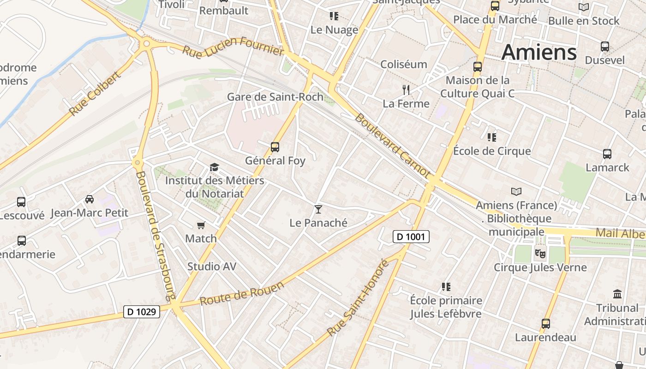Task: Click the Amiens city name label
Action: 539,52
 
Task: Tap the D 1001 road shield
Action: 411,237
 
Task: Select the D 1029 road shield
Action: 142,312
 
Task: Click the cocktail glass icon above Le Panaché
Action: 318,209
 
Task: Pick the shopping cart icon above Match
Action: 201,225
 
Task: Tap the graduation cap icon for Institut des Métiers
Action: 214,167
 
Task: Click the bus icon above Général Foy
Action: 275,147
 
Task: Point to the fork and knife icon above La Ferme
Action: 406,89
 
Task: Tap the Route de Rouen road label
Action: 242,293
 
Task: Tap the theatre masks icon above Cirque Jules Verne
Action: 540,253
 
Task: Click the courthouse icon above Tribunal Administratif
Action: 617,294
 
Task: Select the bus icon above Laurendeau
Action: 546,323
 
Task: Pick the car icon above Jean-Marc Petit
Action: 90,199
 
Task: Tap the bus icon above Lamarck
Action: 607,154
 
